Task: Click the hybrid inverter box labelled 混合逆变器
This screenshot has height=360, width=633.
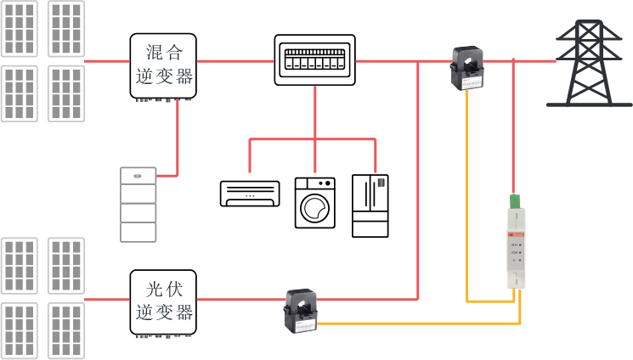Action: tap(163, 66)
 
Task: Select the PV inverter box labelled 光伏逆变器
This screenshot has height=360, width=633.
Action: tap(163, 302)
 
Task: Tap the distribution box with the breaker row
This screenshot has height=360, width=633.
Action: tap(314, 60)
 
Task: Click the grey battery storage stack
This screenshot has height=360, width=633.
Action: tap(138, 205)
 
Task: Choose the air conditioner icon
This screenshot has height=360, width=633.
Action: tap(250, 193)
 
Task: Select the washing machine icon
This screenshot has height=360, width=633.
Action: tap(315, 203)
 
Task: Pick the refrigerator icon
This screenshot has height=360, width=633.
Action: tap(370, 205)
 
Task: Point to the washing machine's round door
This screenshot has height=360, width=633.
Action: tap(315, 207)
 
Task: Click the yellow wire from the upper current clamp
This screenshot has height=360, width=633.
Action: tap(467, 195)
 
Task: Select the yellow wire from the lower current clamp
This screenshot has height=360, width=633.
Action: tap(425, 323)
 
